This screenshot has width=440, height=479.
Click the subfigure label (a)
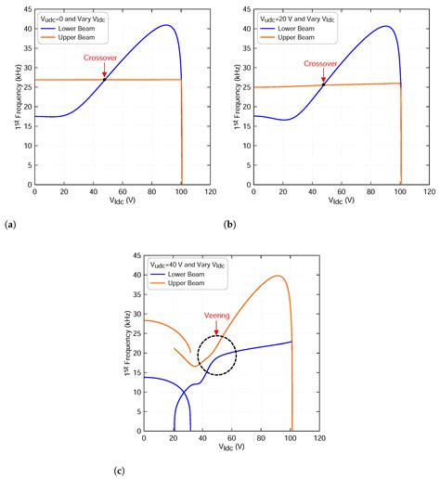tap(10, 225)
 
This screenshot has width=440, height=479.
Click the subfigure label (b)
tap(229, 225)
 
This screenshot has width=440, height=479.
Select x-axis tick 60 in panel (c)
tap(232, 440)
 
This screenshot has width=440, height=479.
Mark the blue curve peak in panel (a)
tap(165, 26)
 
